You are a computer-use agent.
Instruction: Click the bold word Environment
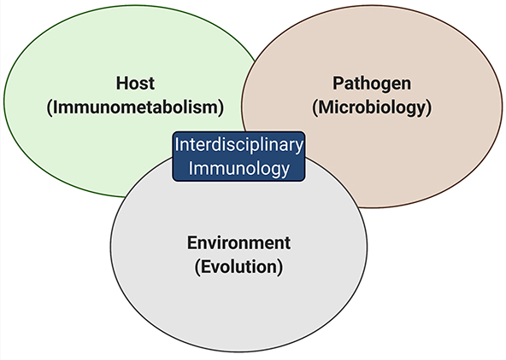click(238, 241)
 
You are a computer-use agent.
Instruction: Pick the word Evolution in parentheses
click(238, 266)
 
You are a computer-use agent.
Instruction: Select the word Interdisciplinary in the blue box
click(238, 144)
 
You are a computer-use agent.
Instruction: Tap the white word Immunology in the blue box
click(238, 168)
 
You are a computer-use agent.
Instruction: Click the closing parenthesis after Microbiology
click(427, 108)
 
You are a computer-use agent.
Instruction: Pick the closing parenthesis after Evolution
click(279, 266)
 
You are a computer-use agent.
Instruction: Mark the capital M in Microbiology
click(327, 108)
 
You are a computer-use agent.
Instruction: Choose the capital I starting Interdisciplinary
click(177, 144)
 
